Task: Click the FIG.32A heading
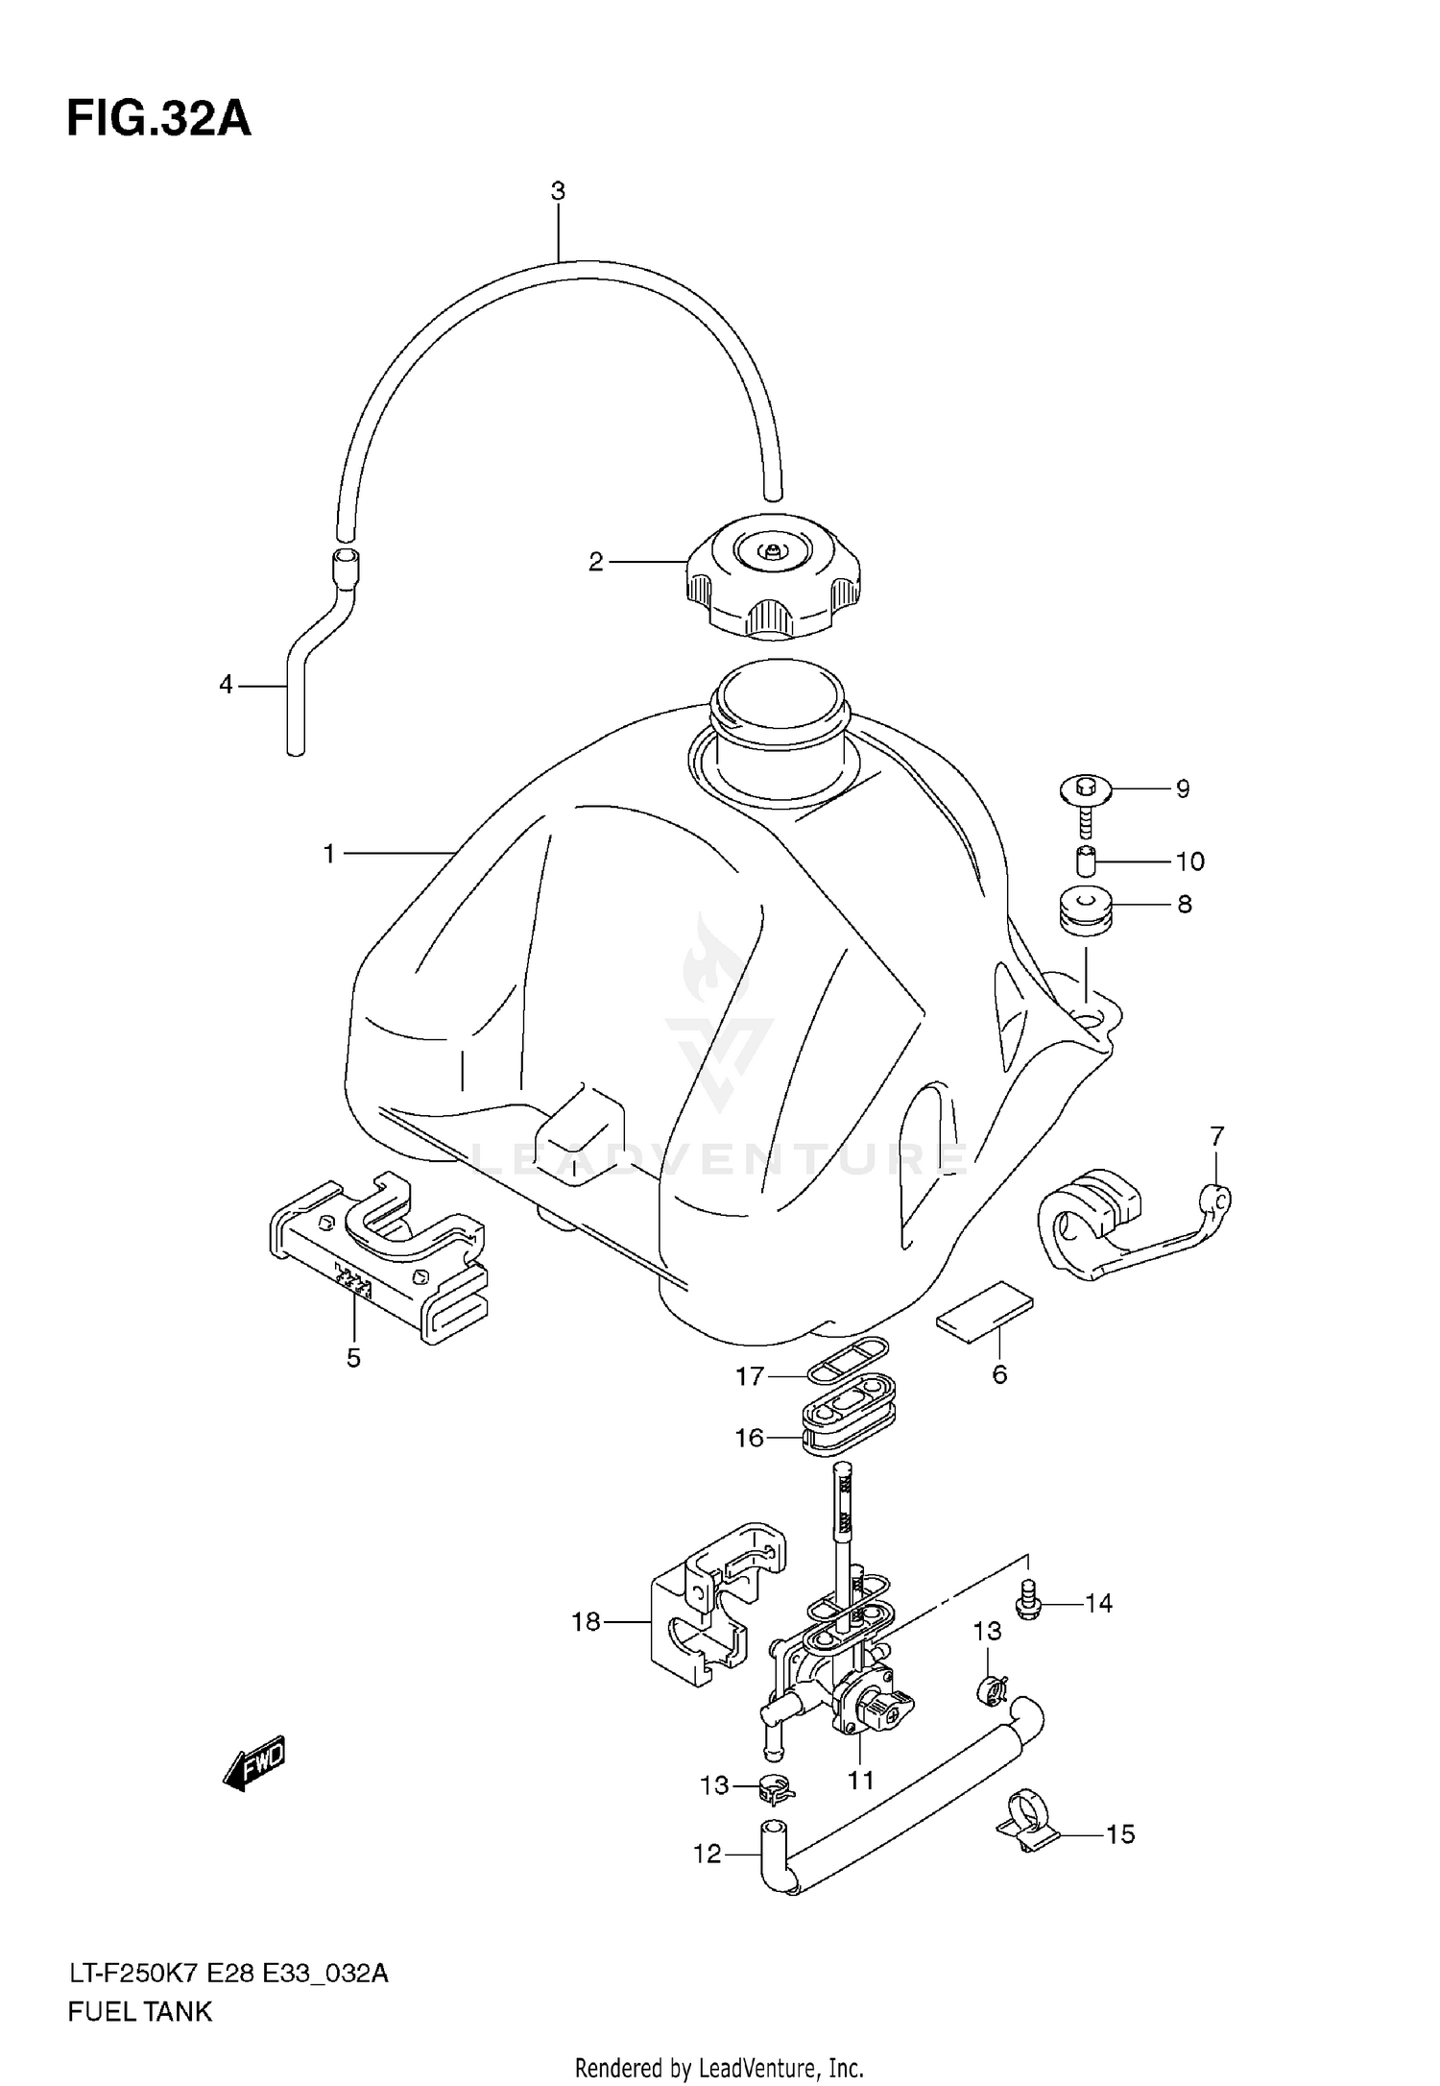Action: click(158, 120)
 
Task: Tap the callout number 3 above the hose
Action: click(558, 191)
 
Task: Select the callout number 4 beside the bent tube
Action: click(226, 685)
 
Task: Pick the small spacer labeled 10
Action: click(1086, 861)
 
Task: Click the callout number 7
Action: click(1216, 1137)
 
